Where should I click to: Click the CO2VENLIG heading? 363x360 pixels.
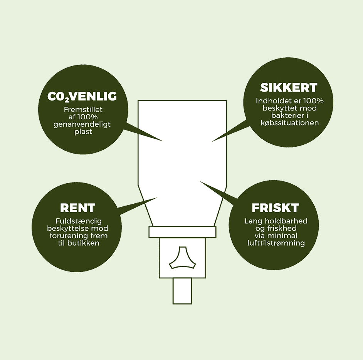82,97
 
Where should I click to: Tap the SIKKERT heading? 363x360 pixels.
289,87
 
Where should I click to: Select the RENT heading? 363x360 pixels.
77,208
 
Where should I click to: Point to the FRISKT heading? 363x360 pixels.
275,208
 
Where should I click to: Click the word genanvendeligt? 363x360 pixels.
82,124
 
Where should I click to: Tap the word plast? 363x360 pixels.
83,132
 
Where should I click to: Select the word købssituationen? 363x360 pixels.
290,122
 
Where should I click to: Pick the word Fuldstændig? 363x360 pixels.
79,221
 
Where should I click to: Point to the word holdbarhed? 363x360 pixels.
286,221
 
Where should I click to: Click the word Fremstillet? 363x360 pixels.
83,109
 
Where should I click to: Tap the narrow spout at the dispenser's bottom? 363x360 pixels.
182,291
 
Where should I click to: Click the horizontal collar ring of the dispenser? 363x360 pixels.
182,232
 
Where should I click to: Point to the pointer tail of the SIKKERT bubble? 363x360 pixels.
230,131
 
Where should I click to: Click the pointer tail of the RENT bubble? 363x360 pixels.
138,206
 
